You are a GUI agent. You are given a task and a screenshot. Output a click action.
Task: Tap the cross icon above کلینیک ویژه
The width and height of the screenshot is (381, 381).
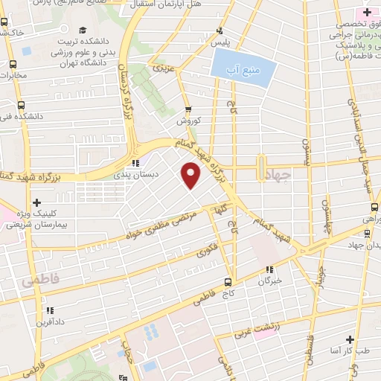[x=36, y=201]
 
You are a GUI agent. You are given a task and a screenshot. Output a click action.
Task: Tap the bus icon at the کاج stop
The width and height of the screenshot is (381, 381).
[x=228, y=282]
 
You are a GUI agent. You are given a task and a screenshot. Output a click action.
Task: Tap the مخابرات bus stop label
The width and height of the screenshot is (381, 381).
[x=11, y=75]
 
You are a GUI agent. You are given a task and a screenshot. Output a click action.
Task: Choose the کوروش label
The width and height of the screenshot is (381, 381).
[x=188, y=120]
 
